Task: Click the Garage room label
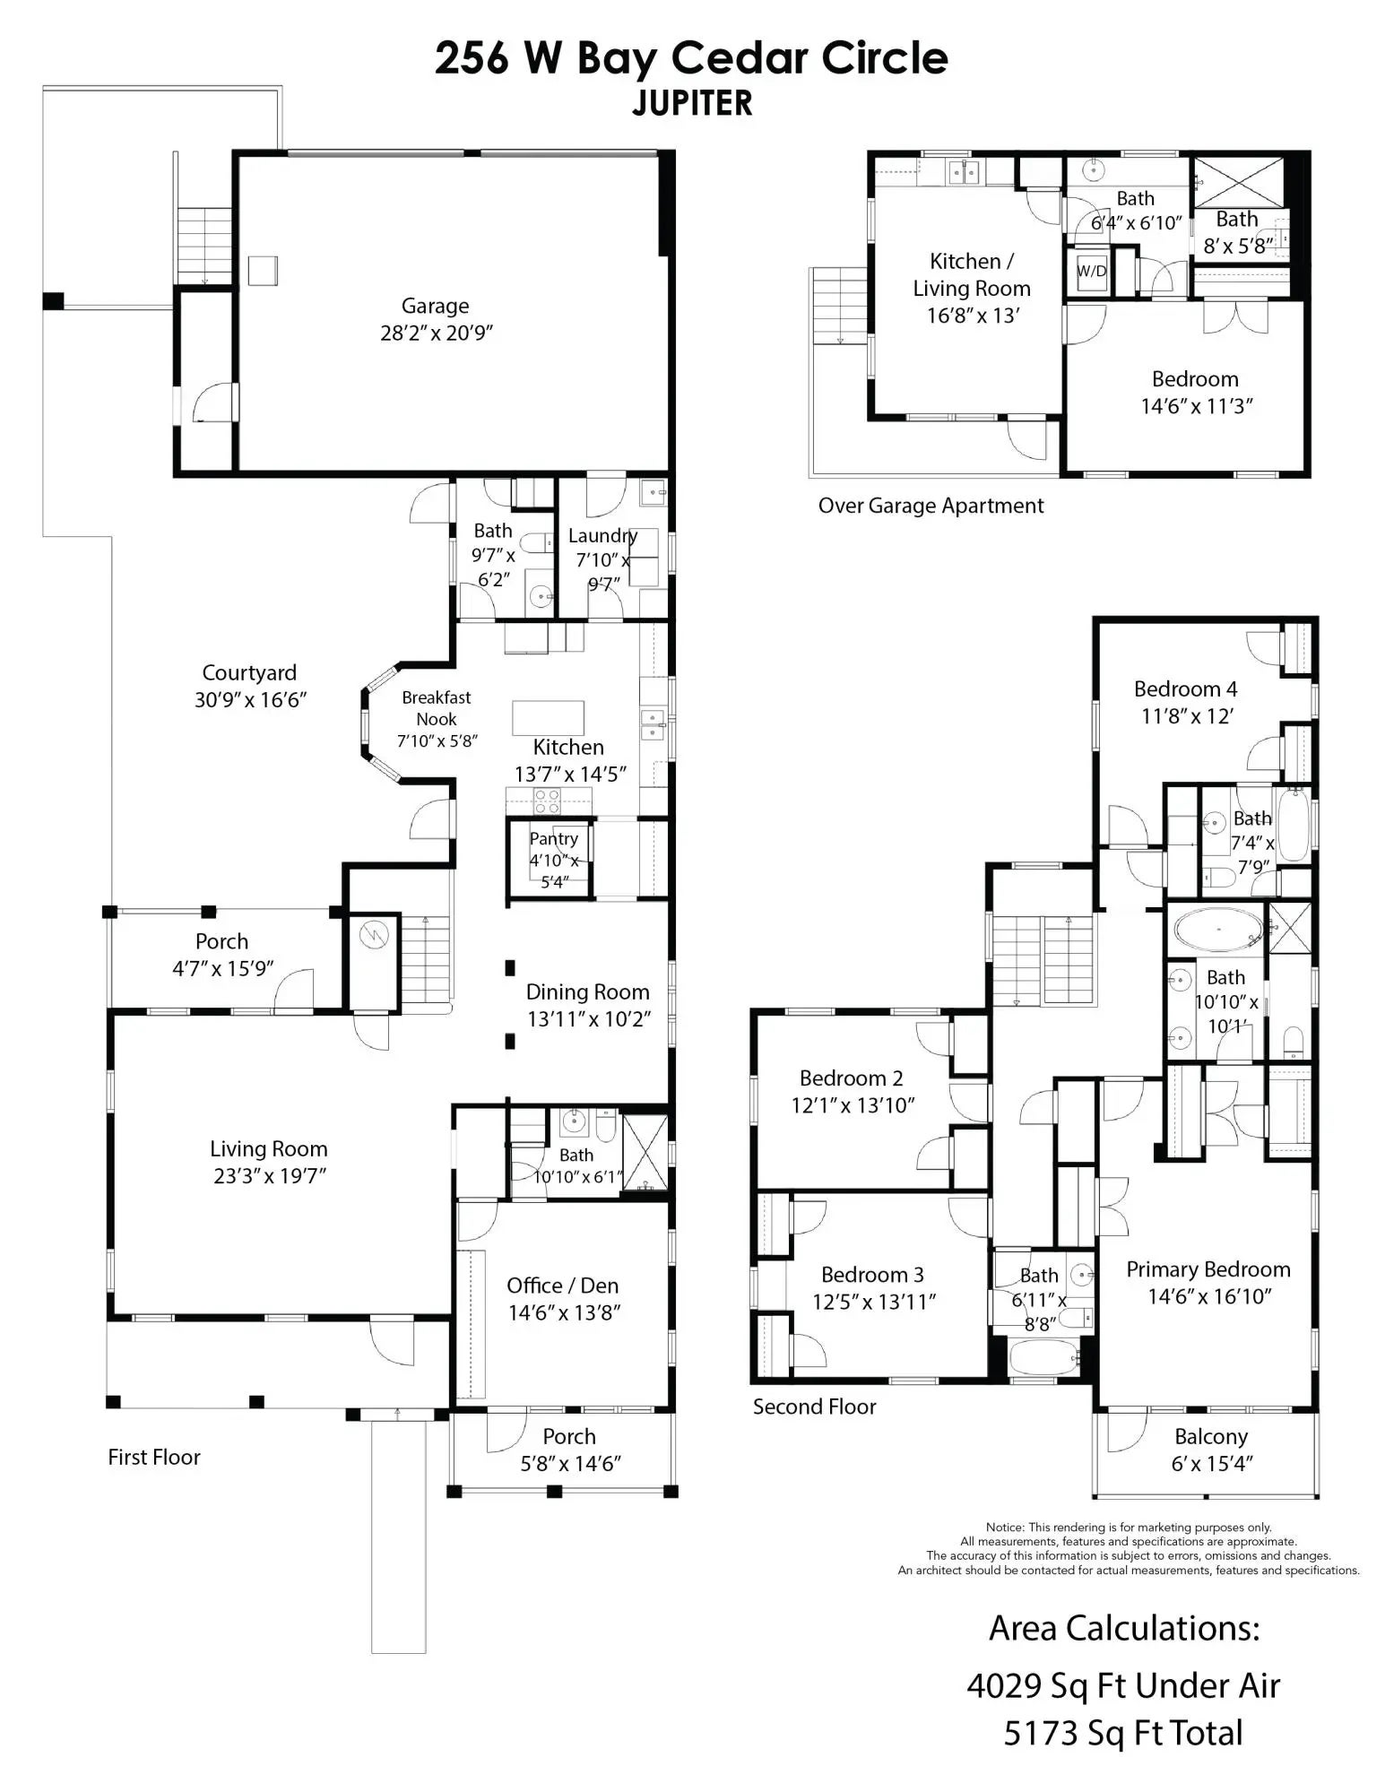point(435,306)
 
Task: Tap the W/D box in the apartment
point(1091,271)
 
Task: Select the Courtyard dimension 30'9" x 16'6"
point(251,700)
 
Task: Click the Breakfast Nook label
point(437,708)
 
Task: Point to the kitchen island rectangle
point(548,718)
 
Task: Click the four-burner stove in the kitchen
point(547,801)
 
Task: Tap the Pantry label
point(553,838)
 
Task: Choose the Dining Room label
point(587,991)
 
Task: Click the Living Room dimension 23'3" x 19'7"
point(270,1175)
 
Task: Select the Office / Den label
point(562,1286)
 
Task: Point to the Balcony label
point(1211,1436)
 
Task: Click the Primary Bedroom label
point(1208,1269)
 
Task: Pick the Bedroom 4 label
point(1185,688)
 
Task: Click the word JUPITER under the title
point(692,103)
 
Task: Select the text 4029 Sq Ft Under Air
point(1123,1686)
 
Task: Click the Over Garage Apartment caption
point(931,506)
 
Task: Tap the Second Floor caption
point(814,1407)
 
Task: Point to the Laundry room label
point(602,535)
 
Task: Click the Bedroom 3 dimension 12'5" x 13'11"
point(874,1301)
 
